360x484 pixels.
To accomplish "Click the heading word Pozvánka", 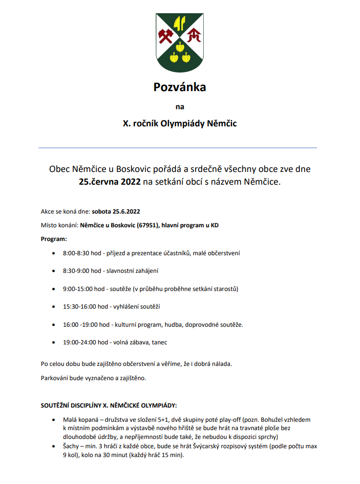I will pos(180,87).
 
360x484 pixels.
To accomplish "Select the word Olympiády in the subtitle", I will pos(189,123).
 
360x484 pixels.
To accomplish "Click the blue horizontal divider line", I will pos(178,147).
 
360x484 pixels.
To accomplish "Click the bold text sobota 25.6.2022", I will pos(116,212).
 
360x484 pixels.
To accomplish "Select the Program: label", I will pos(53,239).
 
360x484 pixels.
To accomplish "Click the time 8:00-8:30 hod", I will pos(82,253).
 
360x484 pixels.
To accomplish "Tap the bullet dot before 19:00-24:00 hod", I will pos(53,342).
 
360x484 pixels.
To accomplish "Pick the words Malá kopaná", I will pos(79,420).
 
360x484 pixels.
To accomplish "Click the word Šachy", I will pos(71,447).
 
